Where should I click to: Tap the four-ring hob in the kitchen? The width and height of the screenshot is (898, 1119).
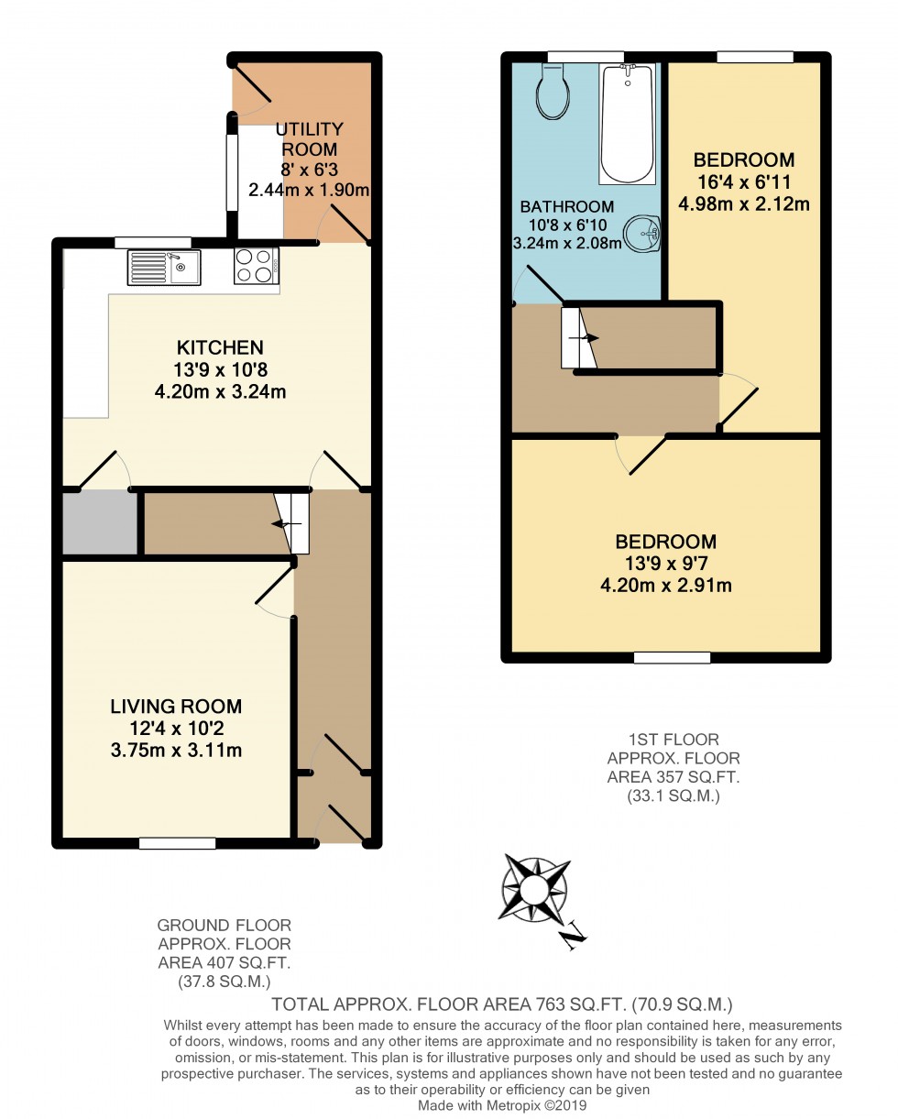(x=257, y=266)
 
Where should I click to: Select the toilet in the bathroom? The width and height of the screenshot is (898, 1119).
(x=554, y=93)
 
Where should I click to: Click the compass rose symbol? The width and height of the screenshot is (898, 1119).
(x=533, y=888)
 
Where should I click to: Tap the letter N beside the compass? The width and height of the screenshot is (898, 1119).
(x=574, y=935)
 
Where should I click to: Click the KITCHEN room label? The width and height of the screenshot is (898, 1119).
(x=220, y=347)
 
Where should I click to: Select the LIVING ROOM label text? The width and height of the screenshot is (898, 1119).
(x=176, y=706)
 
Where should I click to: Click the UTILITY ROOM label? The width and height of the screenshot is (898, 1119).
(x=310, y=138)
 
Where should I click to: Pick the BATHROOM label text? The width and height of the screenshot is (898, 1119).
(x=567, y=207)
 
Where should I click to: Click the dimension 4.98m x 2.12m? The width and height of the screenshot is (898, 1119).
(x=744, y=203)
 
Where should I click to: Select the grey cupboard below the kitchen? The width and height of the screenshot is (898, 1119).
(x=99, y=522)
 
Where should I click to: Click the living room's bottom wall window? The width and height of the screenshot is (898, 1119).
(x=177, y=843)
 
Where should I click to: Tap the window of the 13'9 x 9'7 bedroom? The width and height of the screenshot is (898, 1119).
(x=673, y=657)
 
